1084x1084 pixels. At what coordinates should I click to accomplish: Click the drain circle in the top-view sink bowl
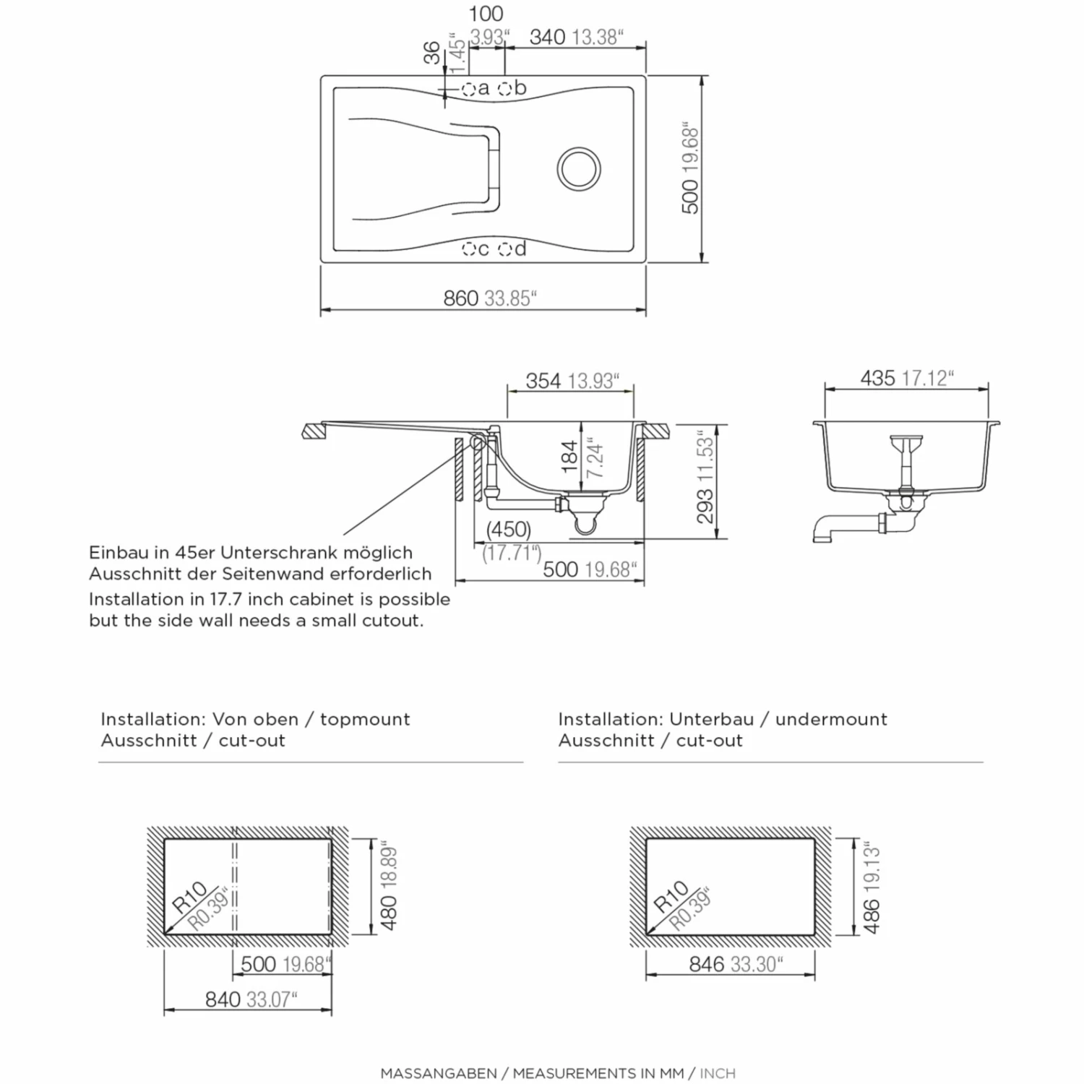[x=579, y=168]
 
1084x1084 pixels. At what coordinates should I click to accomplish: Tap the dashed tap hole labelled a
[x=468, y=89]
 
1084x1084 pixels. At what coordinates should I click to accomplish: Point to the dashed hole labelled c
[x=468, y=249]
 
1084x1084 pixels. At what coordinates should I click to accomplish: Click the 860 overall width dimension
[x=461, y=298]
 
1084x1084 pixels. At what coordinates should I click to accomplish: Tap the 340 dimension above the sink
[x=547, y=37]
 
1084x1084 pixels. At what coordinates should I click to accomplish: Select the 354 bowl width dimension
[x=543, y=381]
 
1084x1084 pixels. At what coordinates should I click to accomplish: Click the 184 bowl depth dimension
[x=570, y=457]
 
